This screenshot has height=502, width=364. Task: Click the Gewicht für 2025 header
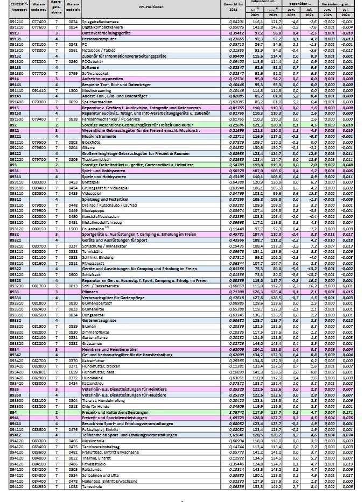pyautogui.click(x=234, y=8)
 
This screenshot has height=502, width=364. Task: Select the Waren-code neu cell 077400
pyautogui.click(x=38, y=22)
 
